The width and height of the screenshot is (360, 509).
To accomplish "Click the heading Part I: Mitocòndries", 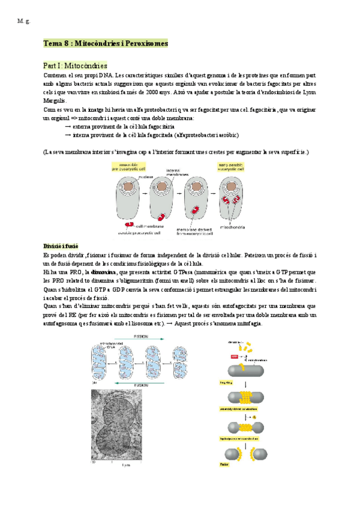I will point(75,65).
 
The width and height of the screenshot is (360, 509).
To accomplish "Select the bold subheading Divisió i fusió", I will point(61,247).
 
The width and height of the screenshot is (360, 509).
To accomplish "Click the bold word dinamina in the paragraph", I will point(103,272).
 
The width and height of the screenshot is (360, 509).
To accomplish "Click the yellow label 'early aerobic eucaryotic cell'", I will point(232,166).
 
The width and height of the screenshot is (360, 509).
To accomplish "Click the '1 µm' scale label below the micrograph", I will point(127,465).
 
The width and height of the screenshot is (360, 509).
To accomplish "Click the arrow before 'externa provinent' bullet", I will point(67,127).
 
